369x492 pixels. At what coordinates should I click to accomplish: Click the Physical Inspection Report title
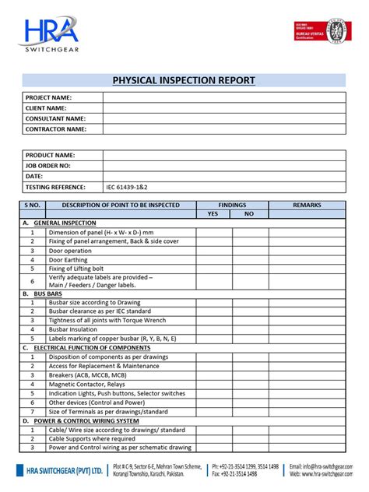pyautogui.click(x=184, y=81)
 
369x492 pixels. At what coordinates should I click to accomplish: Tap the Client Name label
pyautogui.click(x=47, y=108)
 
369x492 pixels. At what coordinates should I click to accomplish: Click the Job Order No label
pyautogui.click(x=48, y=166)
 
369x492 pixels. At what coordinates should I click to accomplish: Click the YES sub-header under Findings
pyautogui.click(x=213, y=214)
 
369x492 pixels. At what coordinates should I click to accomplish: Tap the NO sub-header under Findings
pyautogui.click(x=249, y=214)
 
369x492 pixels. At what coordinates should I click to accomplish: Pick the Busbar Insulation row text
pyautogui.click(x=73, y=329)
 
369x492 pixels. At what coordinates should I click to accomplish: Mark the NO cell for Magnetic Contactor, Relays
pyautogui.click(x=249, y=384)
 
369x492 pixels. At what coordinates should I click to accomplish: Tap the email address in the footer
pyautogui.click(x=328, y=466)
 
